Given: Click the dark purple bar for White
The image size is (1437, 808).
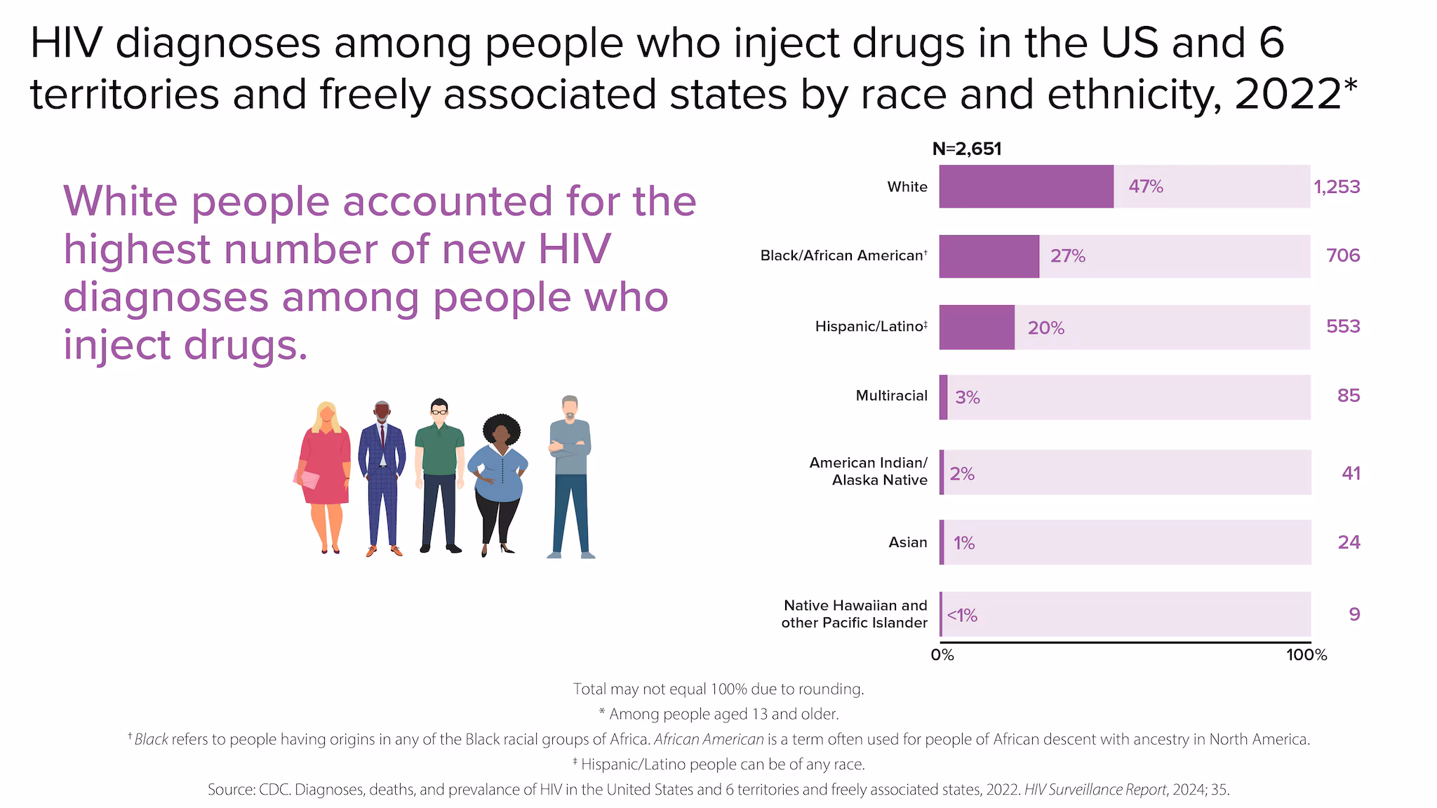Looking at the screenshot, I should tap(1026, 187).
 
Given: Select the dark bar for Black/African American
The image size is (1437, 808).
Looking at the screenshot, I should tap(989, 256).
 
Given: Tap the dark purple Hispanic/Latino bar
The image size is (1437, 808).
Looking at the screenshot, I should tap(977, 327).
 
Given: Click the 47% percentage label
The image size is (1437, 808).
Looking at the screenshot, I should tap(1145, 187).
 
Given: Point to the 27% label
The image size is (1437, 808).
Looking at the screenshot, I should tap(1067, 256).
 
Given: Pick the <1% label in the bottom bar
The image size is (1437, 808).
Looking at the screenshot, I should tap(962, 615).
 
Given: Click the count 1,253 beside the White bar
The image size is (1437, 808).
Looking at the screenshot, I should tap(1337, 187).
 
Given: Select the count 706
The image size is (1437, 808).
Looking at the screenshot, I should tap(1343, 255).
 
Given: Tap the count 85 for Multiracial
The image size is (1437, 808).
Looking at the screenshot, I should tap(1349, 396).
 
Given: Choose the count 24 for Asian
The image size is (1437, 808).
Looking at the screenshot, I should tap(1349, 542).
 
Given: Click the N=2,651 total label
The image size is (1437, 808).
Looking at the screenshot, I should tap(966, 149).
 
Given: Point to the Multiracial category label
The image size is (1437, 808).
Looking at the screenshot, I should tap(891, 396).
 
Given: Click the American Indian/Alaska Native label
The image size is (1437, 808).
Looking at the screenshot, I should tap(869, 471).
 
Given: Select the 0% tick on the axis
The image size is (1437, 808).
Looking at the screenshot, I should tap(942, 655).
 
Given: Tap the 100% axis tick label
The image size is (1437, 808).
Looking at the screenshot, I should tap(1306, 655).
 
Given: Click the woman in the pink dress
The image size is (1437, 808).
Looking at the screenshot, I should tap(325, 477).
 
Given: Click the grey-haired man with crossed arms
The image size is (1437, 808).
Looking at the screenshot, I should tap(570, 477).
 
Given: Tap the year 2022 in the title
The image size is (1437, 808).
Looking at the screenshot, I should tap(1288, 94).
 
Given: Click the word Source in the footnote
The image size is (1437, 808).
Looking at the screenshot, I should tap(230, 790).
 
